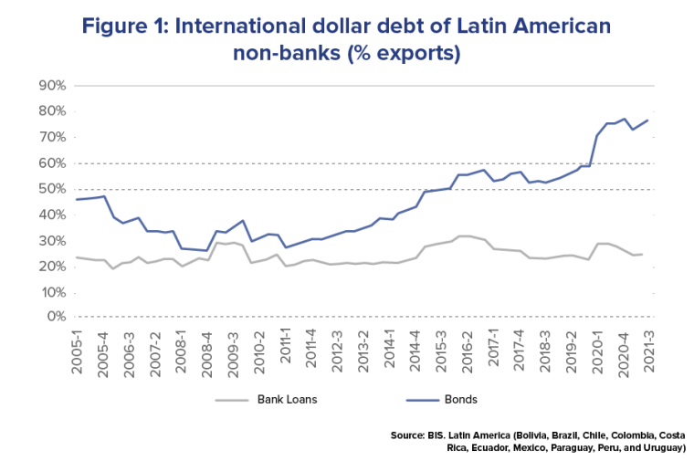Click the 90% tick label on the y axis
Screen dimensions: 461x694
(x=52, y=86)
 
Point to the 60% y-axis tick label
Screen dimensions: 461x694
(x=52, y=163)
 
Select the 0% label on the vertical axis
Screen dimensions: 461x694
(x=56, y=318)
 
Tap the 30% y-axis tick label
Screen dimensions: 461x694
(x=52, y=241)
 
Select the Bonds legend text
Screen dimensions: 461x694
(x=461, y=399)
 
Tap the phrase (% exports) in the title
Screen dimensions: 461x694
(x=403, y=54)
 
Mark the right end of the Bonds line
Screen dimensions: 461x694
(x=648, y=120)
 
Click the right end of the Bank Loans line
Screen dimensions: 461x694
(x=642, y=254)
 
